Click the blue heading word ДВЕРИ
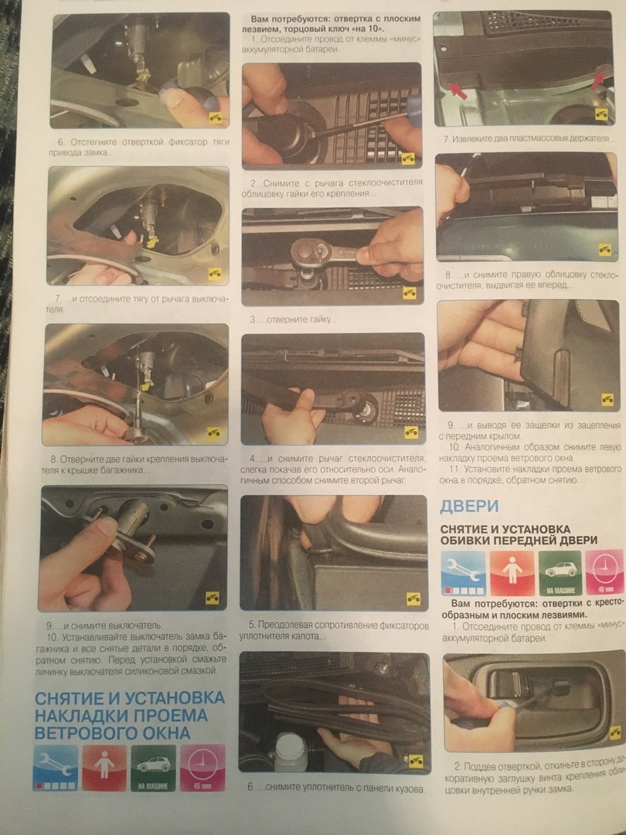point(469,507)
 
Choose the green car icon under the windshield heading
point(152,768)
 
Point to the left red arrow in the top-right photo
point(458,91)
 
